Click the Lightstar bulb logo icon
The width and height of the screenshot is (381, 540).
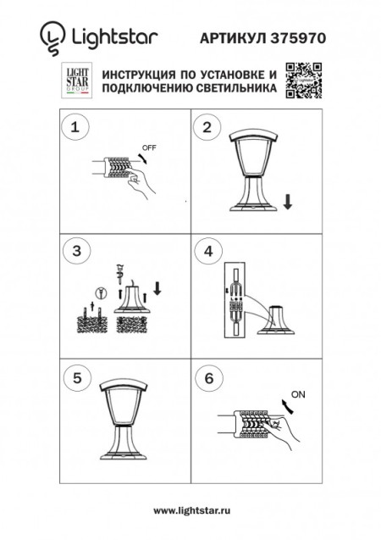tap(52, 36)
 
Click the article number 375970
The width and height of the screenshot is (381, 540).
tap(297, 38)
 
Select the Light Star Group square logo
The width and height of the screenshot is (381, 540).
tap(76, 81)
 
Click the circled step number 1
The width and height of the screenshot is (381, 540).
tap(77, 128)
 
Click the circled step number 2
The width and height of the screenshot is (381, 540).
tap(207, 128)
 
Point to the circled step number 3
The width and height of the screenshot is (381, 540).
tap(77, 252)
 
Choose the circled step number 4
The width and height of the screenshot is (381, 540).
tap(207, 252)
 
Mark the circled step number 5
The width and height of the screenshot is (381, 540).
tap(77, 379)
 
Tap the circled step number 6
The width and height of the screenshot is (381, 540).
tap(207, 379)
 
